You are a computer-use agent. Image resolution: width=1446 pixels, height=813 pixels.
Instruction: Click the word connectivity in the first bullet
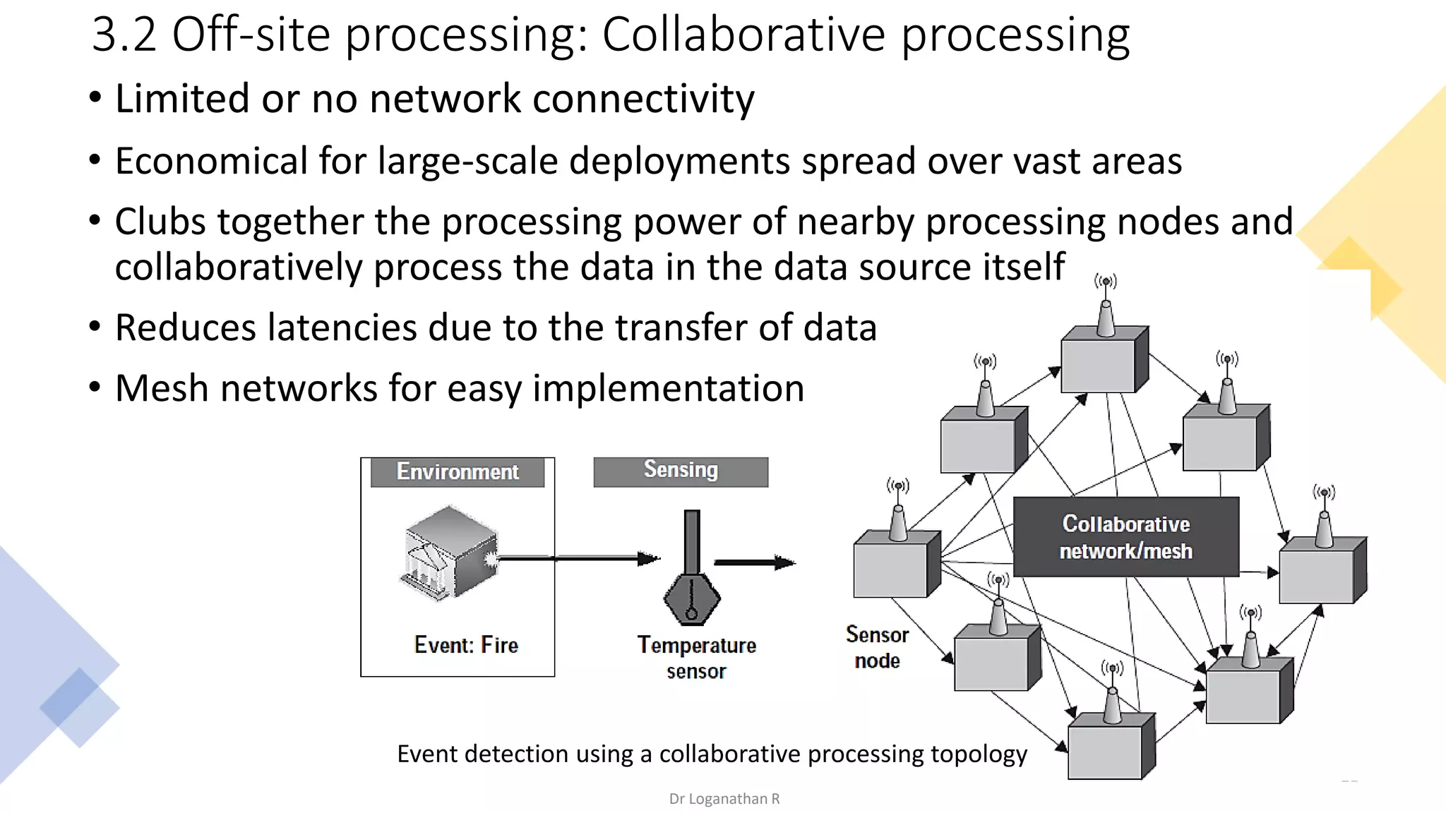[643, 98]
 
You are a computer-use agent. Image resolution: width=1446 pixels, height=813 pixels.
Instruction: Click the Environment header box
[458, 471]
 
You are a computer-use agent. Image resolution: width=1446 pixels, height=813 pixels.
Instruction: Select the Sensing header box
[681, 471]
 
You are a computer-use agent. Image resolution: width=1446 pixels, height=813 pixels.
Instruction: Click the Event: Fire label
[466, 644]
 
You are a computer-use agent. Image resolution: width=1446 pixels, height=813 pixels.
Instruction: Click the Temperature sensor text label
[696, 657]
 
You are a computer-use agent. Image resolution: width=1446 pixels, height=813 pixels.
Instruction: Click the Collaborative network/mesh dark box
[1125, 537]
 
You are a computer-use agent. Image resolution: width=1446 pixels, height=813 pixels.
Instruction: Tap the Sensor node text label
[877, 647]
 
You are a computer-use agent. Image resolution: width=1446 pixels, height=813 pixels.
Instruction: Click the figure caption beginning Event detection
[712, 754]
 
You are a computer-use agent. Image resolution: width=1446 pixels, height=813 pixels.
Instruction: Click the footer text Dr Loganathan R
[724, 799]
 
